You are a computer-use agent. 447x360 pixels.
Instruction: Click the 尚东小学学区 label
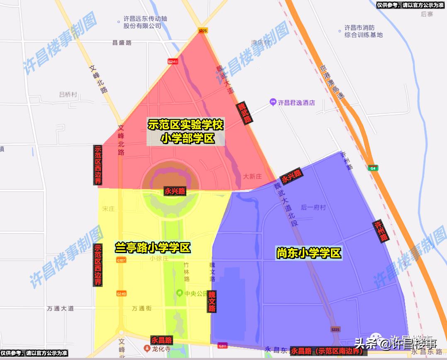pos(309,253)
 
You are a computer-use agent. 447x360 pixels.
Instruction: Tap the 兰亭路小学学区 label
pos(152,248)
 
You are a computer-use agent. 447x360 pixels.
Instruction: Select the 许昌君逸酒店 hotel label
pos(296,102)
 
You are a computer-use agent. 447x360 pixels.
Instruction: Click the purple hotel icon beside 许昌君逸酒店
pos(273,101)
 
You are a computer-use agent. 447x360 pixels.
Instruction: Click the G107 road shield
pos(121,260)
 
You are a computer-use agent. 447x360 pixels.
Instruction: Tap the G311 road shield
pos(222,346)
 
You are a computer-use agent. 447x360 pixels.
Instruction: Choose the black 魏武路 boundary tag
pos(244,113)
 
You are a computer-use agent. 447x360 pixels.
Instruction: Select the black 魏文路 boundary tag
pos(212,301)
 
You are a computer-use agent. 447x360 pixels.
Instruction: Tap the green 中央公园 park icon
pos(180,293)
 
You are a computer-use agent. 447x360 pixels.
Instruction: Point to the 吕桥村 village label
pos(68,94)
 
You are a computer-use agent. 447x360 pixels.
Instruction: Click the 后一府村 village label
pos(313,208)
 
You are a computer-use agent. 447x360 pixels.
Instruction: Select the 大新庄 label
pos(252,176)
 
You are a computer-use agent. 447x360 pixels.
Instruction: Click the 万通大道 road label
pos(60,308)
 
